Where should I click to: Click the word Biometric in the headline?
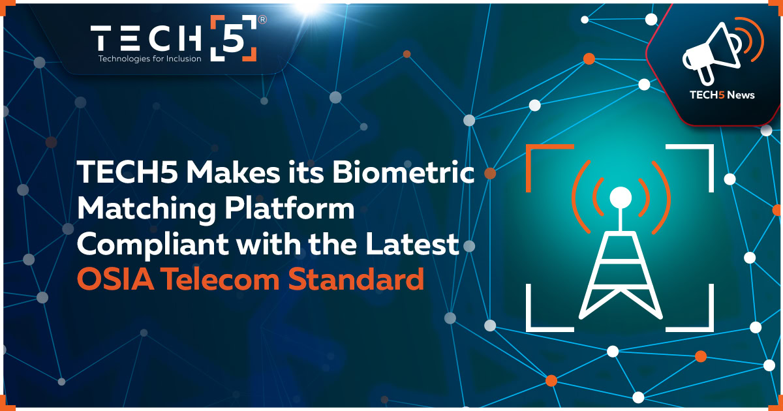[x=403, y=172]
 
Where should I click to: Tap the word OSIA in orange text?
[x=115, y=279]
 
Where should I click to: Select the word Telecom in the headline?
[x=221, y=279]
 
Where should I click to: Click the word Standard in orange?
[x=356, y=279]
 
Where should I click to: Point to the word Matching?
[x=146, y=209]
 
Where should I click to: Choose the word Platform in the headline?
[x=290, y=208]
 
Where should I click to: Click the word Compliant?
[x=153, y=245]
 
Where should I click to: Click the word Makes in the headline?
[x=233, y=172]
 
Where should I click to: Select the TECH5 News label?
[x=722, y=95]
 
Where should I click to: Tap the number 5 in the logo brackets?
[x=234, y=38]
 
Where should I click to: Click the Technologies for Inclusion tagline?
[x=149, y=58]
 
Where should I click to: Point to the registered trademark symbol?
[x=262, y=20]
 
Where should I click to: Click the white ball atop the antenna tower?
[x=621, y=198]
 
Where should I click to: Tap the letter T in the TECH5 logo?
[x=101, y=38]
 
